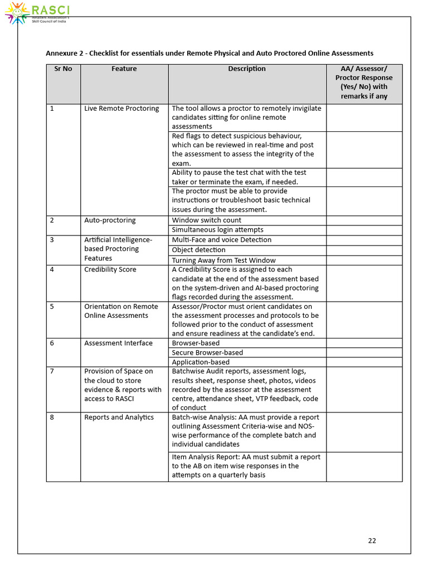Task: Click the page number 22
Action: (372, 540)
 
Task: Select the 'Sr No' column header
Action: (63, 69)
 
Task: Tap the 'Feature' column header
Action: (124, 69)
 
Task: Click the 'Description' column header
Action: (247, 69)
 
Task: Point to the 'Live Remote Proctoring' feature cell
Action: (121, 109)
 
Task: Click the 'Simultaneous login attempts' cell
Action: (217, 230)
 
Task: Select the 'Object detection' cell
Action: (198, 250)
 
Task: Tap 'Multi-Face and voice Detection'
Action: (221, 240)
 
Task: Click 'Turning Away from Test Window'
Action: (223, 261)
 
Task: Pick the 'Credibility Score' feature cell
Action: (110, 269)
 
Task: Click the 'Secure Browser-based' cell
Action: (207, 352)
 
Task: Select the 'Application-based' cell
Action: (201, 362)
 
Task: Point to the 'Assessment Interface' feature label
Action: (118, 343)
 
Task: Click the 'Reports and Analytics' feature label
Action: (119, 417)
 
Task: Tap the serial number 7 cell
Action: (52, 371)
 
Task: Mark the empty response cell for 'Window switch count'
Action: (364, 220)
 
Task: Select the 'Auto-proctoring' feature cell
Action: (110, 220)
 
